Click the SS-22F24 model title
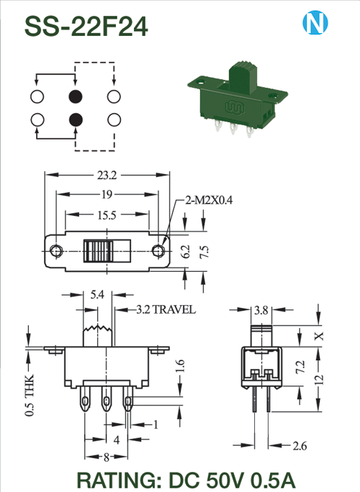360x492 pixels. point(86,27)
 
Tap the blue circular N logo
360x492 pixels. point(315,22)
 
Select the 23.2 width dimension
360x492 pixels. point(107,175)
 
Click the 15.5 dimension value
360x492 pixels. point(107,215)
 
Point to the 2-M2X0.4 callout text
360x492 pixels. point(210,200)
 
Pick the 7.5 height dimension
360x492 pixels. point(204,252)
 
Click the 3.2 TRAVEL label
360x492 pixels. point(166,309)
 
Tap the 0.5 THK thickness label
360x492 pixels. point(30,395)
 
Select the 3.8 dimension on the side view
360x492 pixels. point(261,310)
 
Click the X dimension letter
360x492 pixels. point(319,336)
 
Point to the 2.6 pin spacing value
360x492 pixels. point(300,445)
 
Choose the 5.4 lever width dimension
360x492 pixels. point(97,295)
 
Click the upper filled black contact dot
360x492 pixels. point(76,96)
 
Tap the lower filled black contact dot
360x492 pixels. point(76,119)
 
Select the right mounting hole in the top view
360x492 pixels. point(158,251)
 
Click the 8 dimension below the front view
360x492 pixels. point(107,457)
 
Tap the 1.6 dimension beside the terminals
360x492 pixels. point(180,366)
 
